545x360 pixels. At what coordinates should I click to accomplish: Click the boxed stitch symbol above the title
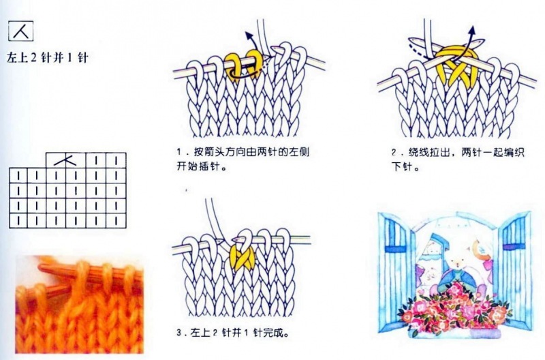(x=18, y=32)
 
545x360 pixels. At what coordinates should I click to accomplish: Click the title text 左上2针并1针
(x=48, y=57)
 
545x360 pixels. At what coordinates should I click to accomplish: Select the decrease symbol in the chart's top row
(x=66, y=160)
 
